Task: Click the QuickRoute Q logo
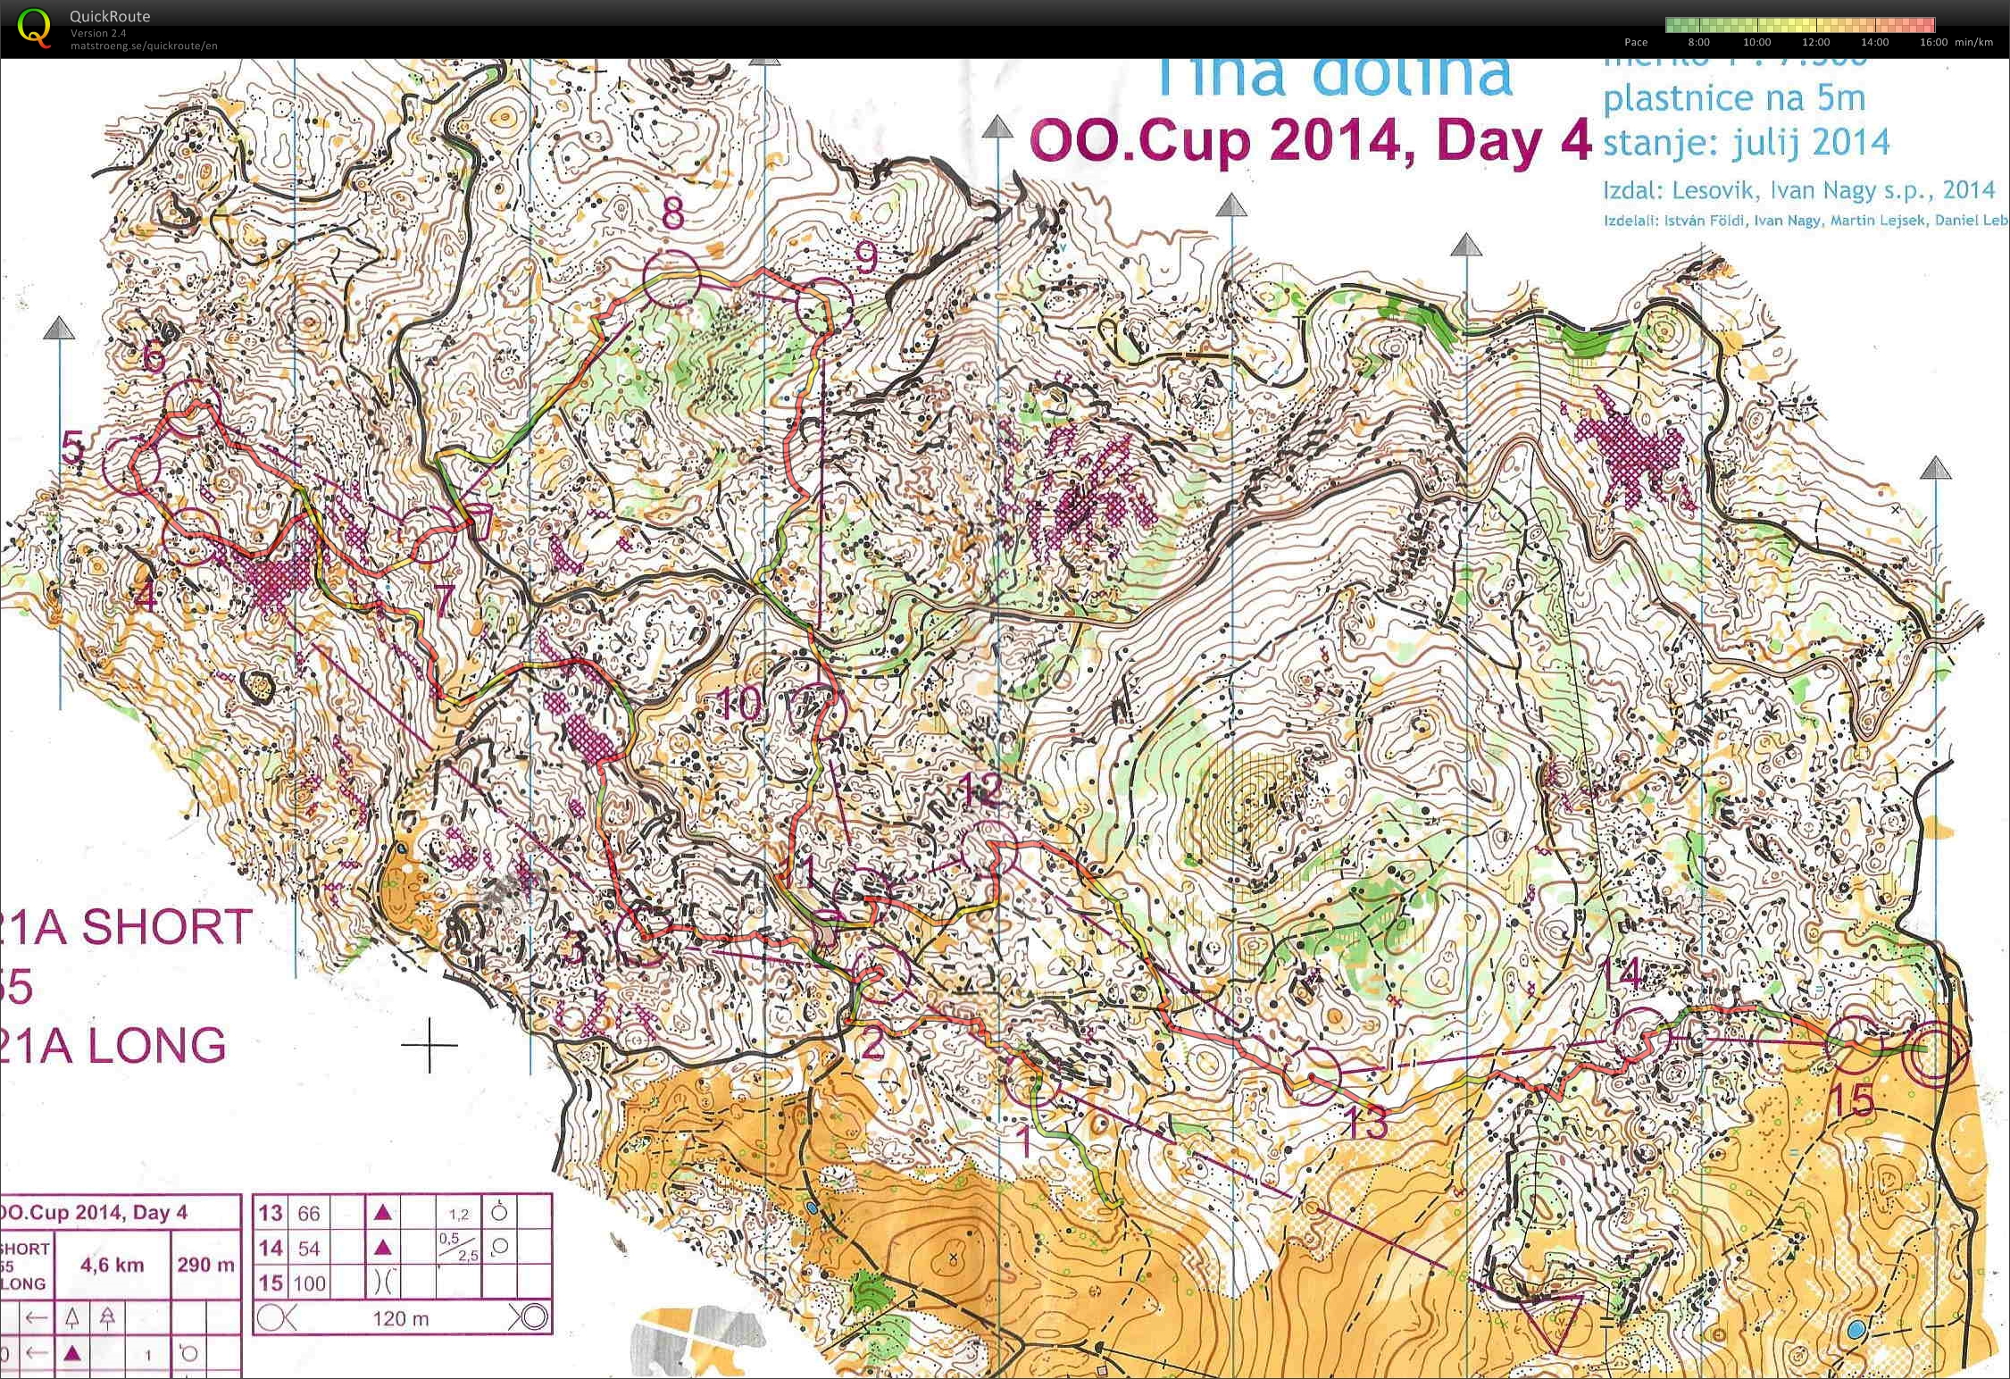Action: point(34,27)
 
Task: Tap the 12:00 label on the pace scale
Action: point(1815,42)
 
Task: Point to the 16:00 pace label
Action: point(1933,42)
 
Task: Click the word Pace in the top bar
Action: point(1636,42)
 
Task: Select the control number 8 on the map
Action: point(673,213)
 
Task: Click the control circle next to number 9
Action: point(823,305)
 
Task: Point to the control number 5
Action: point(73,447)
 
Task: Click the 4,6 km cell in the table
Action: point(112,1265)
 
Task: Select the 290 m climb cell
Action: point(205,1265)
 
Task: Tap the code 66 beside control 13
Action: point(309,1213)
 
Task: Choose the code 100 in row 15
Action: point(309,1284)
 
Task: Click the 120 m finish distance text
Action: point(400,1318)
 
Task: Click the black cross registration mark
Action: point(430,1044)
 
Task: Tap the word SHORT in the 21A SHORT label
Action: point(166,927)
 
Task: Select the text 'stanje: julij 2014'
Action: point(1746,142)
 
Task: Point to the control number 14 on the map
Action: point(1621,974)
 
